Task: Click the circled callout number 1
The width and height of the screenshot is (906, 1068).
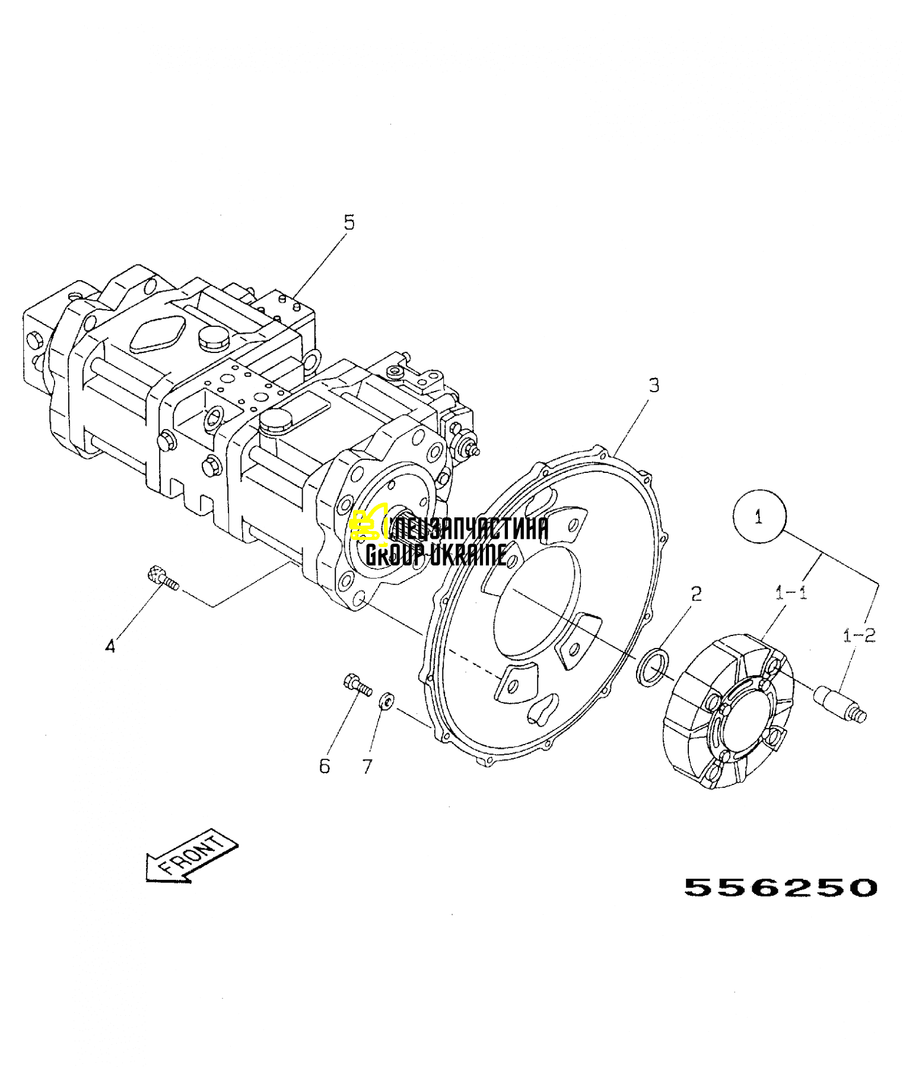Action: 759,517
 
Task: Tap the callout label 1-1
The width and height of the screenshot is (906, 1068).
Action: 791,592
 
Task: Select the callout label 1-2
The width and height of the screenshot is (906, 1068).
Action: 859,635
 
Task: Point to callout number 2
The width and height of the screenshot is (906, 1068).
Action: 697,593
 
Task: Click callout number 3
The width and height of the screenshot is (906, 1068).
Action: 654,385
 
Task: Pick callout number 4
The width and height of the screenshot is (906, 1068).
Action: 110,646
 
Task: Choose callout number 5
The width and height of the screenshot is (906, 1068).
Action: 349,223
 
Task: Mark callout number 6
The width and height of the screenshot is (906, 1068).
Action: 325,766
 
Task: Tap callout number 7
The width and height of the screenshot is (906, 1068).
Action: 367,767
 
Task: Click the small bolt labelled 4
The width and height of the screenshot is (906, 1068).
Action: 162,578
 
